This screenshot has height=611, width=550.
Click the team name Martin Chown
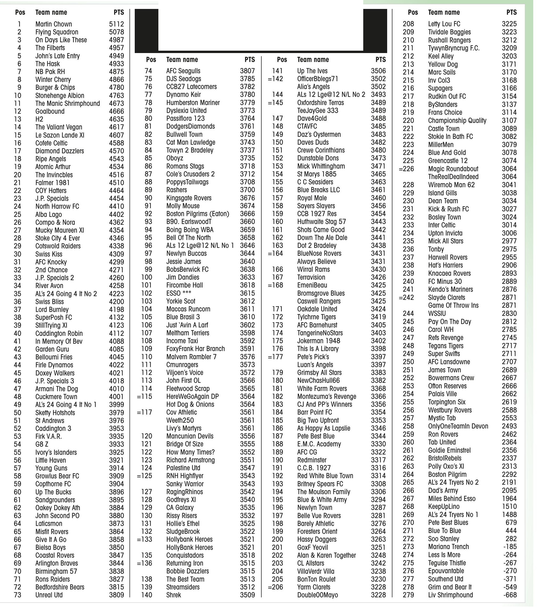(x=54, y=24)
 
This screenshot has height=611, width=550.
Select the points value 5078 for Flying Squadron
(x=116, y=32)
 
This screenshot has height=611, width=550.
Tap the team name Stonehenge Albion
(x=60, y=95)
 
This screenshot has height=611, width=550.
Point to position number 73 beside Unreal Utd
(x=18, y=595)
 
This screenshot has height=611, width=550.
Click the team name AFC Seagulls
(x=183, y=71)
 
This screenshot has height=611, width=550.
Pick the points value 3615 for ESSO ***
(x=247, y=293)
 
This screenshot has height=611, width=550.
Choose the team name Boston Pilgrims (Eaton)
(x=198, y=214)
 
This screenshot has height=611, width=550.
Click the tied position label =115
(x=144, y=396)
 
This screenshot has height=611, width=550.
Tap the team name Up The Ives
(x=312, y=71)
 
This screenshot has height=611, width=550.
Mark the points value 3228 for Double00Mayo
(x=378, y=595)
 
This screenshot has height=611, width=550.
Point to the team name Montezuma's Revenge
(x=327, y=396)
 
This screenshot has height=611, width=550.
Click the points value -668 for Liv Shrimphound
(x=510, y=595)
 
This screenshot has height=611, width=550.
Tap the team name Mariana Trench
(x=448, y=546)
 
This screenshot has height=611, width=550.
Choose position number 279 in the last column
(x=408, y=595)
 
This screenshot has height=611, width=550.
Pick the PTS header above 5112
(x=119, y=12)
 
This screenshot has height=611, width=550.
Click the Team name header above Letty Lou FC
(x=444, y=12)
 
